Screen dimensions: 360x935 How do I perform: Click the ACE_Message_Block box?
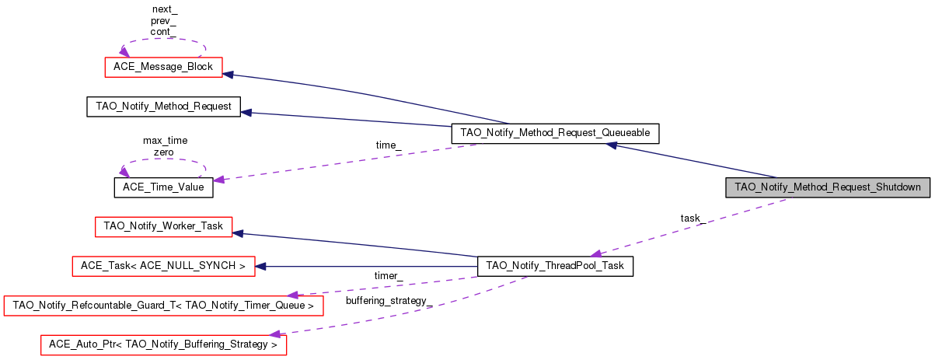(x=164, y=67)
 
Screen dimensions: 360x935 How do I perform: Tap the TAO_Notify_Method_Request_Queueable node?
(x=555, y=133)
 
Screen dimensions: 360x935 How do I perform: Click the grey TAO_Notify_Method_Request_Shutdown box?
(x=827, y=187)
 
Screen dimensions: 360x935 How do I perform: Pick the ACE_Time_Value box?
(x=163, y=187)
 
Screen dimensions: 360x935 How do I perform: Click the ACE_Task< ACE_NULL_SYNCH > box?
(x=163, y=267)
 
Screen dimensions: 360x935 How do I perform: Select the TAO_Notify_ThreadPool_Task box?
(x=555, y=267)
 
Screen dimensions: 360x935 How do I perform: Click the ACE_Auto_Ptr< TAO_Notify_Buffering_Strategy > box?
(x=163, y=344)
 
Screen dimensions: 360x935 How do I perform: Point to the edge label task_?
(x=693, y=218)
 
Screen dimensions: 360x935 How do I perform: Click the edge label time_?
(x=388, y=145)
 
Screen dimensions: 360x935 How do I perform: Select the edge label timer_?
(x=388, y=276)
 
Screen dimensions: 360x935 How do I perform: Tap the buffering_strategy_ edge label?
(x=388, y=300)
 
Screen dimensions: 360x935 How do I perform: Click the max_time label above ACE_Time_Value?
(x=165, y=141)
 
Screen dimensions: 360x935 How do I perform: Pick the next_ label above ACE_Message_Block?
(x=164, y=9)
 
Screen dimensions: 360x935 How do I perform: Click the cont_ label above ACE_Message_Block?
(x=164, y=32)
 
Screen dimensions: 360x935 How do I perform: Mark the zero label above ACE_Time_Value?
(x=164, y=152)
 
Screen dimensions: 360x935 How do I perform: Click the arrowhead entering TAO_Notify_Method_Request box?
(x=246, y=113)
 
